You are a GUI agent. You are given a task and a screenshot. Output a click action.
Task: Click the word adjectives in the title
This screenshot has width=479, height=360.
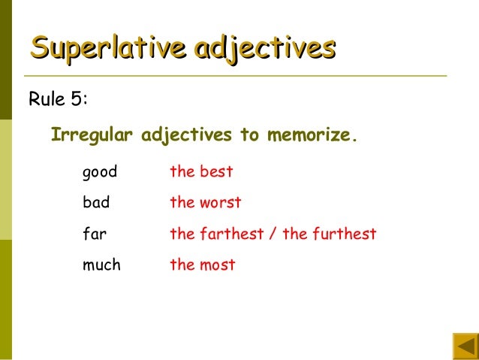(x=264, y=48)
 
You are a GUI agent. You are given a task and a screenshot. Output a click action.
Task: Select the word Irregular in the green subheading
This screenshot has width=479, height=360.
(x=92, y=136)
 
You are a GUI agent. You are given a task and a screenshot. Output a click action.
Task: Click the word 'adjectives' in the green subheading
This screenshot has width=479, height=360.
(x=187, y=136)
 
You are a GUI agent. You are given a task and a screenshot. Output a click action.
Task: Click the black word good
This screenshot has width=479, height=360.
(x=100, y=172)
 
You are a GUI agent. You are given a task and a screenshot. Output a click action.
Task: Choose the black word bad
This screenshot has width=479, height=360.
(x=96, y=202)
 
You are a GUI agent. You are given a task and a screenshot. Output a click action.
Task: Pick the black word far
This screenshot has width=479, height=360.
(x=94, y=233)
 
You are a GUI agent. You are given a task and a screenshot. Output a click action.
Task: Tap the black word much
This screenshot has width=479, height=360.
(x=101, y=265)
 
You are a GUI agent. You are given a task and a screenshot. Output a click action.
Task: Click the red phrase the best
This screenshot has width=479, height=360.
(x=201, y=171)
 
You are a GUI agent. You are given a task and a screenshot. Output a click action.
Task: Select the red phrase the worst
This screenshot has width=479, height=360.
(x=206, y=202)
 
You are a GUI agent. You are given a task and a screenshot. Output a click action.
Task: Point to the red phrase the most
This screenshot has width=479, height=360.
(x=203, y=265)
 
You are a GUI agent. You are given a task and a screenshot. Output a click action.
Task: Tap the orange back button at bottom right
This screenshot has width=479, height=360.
(x=465, y=346)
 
